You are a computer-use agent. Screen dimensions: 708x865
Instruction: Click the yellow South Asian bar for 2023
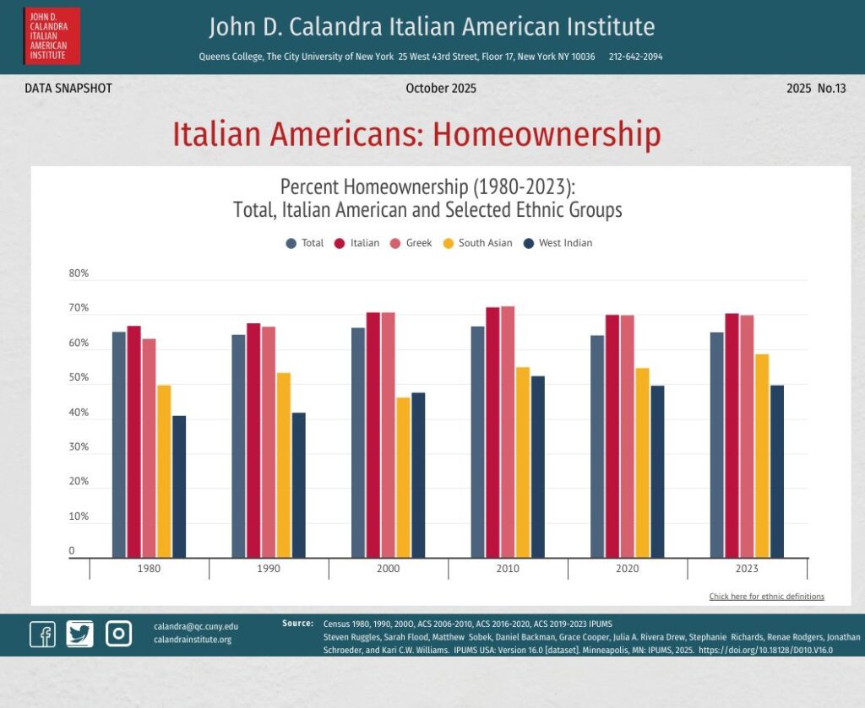tap(763, 456)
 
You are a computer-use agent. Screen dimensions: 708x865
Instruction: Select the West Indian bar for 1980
tap(179, 486)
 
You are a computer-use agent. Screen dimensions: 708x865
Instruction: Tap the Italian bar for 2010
tap(492, 432)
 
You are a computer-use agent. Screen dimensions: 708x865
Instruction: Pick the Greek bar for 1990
tap(269, 441)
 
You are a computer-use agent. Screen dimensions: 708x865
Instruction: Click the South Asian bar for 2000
tap(403, 477)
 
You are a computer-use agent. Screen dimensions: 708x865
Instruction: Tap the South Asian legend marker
tap(449, 243)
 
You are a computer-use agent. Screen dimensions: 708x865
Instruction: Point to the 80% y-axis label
tap(79, 273)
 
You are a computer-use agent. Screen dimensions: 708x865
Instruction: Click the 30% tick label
tap(79, 447)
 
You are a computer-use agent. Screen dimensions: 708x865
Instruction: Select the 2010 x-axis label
tap(508, 569)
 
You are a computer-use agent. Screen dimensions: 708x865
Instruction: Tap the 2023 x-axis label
tap(747, 569)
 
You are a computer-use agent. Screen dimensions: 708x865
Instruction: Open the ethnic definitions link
tap(766, 597)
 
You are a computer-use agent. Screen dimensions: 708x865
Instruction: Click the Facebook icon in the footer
tap(42, 634)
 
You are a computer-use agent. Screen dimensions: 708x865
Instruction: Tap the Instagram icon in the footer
tap(118, 634)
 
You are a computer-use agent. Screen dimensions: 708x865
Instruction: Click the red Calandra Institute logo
tap(52, 36)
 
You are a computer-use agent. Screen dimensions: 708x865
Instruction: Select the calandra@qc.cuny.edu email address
tap(196, 627)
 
